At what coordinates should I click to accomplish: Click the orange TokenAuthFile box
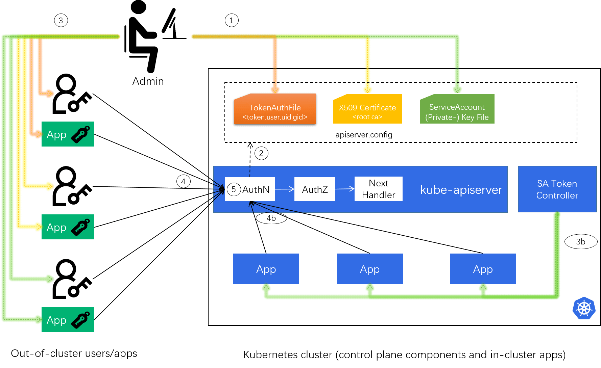pyautogui.click(x=275, y=110)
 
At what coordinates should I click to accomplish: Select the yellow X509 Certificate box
pyautogui.click(x=367, y=109)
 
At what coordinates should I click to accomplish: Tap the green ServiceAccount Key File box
pyautogui.click(x=457, y=109)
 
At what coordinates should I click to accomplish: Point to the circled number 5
pyautogui.click(x=234, y=189)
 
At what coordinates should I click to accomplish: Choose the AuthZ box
pyautogui.click(x=315, y=189)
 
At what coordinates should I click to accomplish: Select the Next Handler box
pyautogui.click(x=378, y=189)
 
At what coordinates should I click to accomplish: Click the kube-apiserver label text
pyautogui.click(x=461, y=190)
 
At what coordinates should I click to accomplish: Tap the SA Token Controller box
pyautogui.click(x=557, y=189)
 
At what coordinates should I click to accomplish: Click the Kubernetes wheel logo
pyautogui.click(x=584, y=308)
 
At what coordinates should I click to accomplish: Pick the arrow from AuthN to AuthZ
pyautogui.click(x=285, y=189)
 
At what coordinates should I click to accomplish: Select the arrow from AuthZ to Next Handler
pyautogui.click(x=345, y=189)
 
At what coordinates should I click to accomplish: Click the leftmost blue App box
pyautogui.click(x=266, y=269)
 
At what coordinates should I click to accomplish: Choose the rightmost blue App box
pyautogui.click(x=483, y=269)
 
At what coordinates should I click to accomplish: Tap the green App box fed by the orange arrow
pyautogui.click(x=68, y=134)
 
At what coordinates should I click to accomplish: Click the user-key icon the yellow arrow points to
pyautogui.click(x=72, y=186)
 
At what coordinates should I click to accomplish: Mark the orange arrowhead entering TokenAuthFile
pyautogui.click(x=275, y=90)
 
